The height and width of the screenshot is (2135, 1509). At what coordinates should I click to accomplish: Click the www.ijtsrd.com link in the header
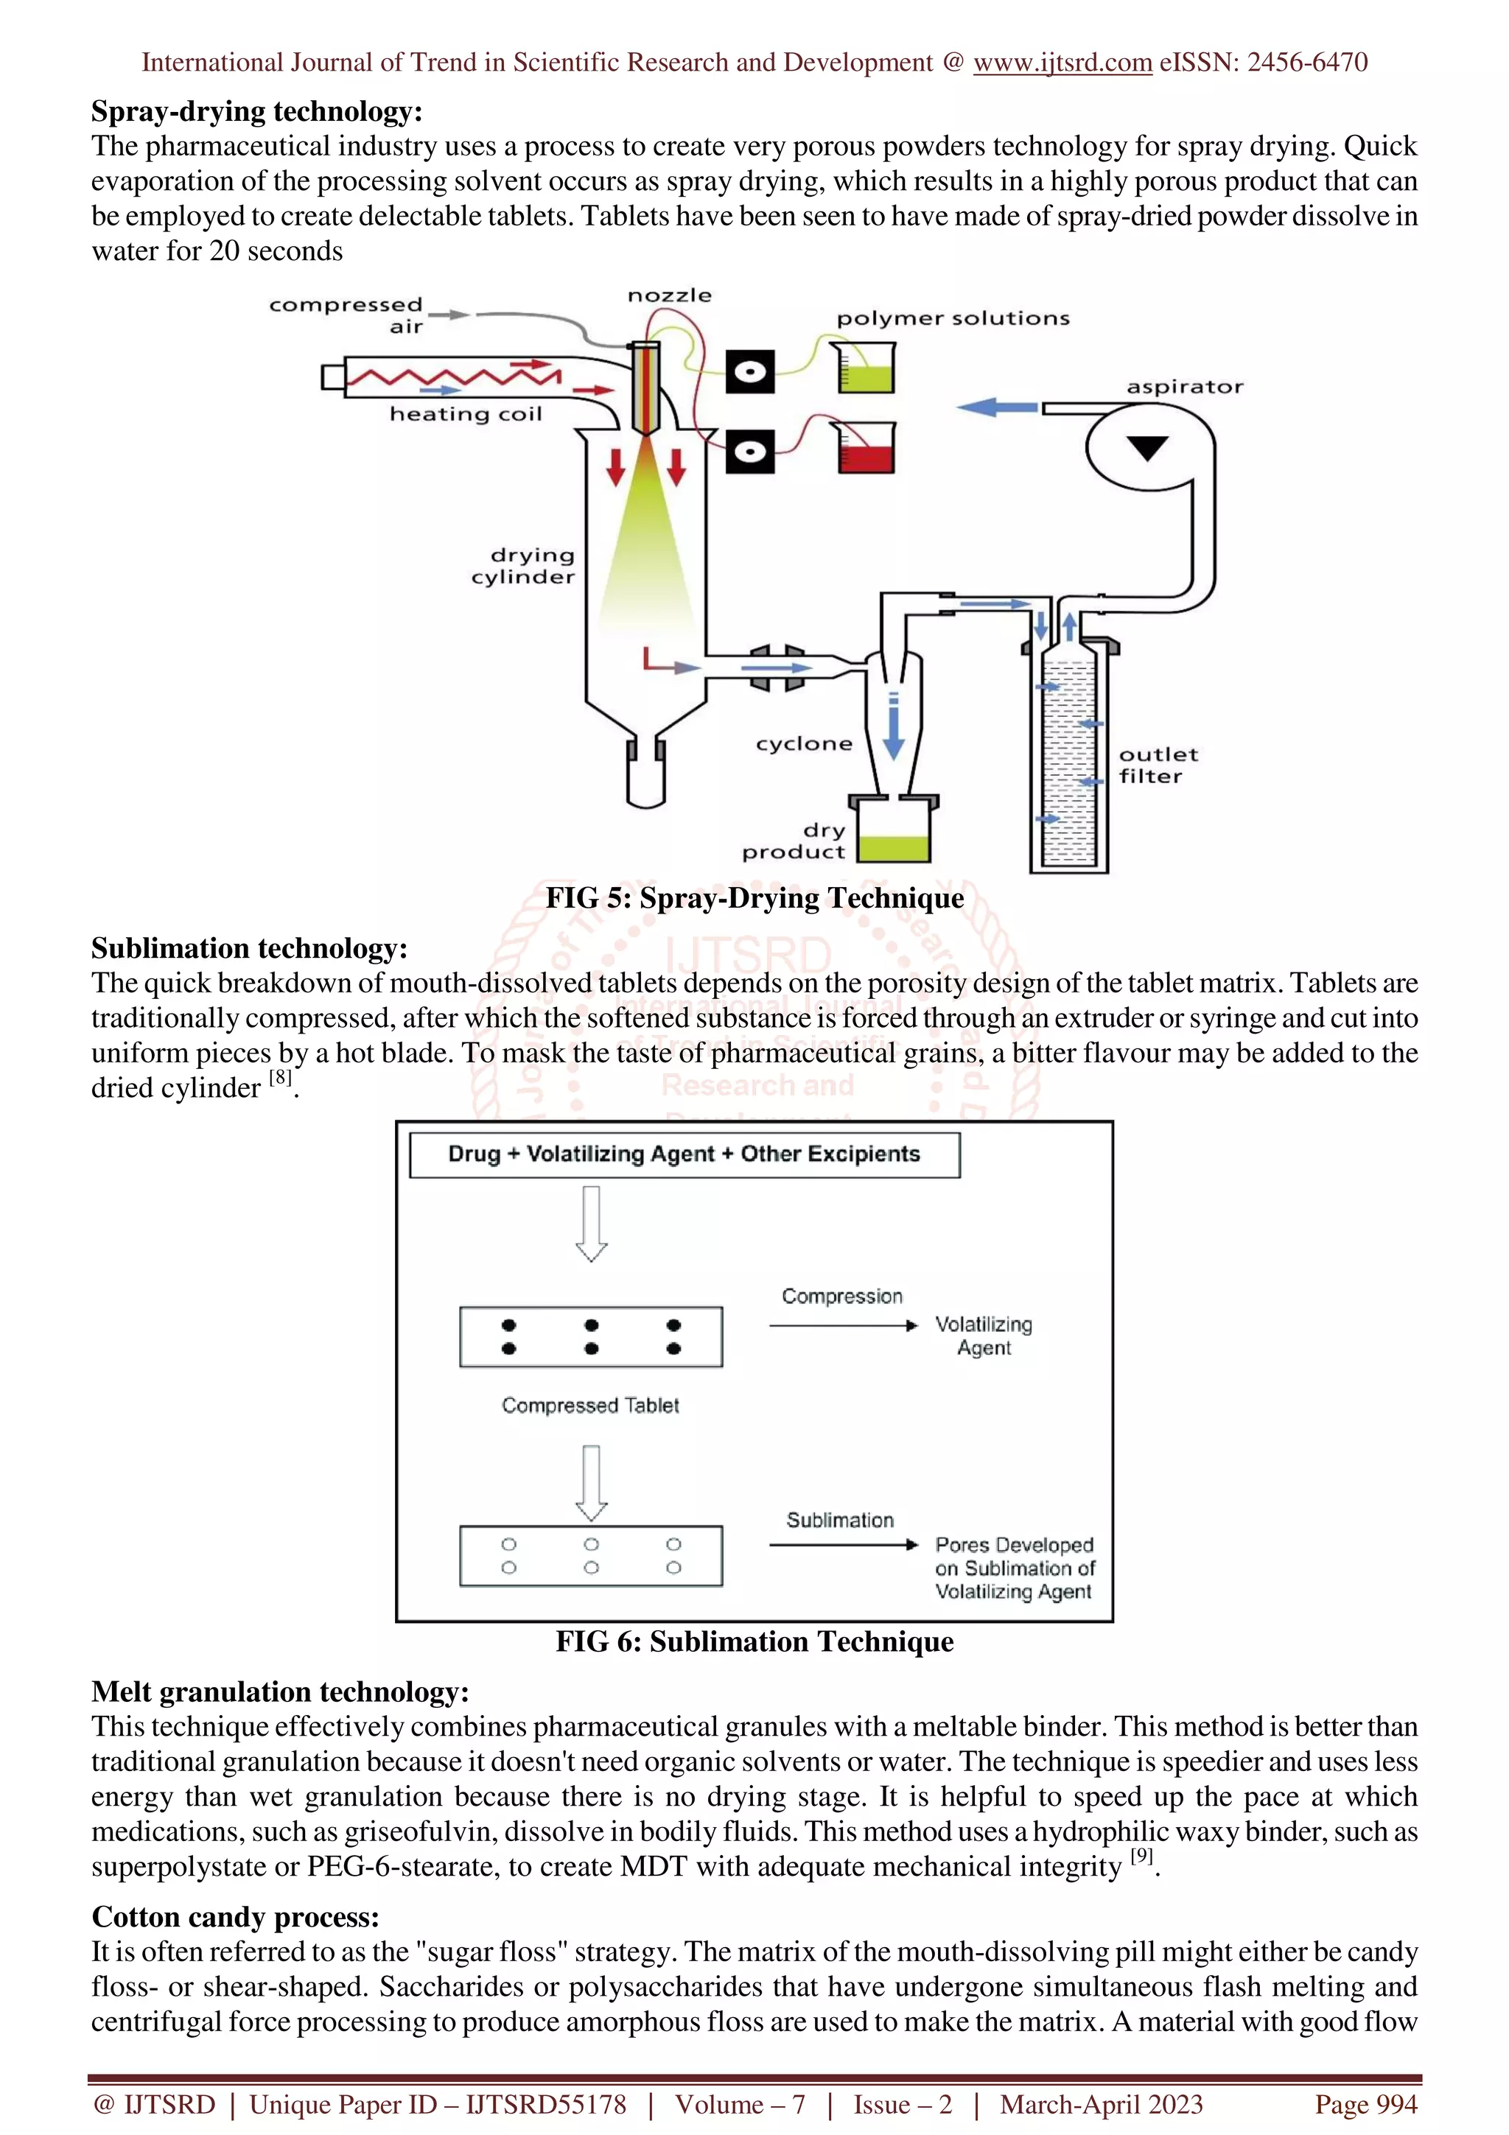(1062, 63)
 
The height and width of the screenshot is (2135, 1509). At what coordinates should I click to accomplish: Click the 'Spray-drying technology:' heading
(256, 111)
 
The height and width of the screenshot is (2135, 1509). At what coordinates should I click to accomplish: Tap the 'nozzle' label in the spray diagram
(670, 295)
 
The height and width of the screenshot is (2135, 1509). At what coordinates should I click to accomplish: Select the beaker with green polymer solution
(865, 368)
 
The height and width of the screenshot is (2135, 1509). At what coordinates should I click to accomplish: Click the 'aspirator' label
(1185, 387)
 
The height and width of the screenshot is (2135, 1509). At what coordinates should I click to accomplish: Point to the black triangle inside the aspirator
(1146, 447)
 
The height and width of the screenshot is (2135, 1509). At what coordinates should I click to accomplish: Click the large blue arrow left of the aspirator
(997, 407)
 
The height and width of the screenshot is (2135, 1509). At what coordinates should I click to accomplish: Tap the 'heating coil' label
(465, 414)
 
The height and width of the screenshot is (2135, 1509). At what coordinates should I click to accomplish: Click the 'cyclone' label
(803, 744)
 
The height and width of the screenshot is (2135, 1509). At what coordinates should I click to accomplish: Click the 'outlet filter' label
(1157, 765)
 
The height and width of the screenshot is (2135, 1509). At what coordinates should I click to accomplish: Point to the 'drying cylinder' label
(522, 565)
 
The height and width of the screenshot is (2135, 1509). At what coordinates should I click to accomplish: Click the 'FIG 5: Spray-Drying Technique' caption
(754, 898)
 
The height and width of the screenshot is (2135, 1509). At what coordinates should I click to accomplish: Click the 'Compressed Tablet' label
(590, 1405)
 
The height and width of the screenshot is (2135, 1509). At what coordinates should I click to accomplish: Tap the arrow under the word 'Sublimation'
(842, 1545)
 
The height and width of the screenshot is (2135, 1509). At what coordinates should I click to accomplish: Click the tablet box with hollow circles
(590, 1556)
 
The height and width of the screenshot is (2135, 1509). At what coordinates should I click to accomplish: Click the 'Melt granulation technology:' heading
(280, 1691)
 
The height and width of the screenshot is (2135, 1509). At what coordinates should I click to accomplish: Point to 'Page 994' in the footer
(1365, 2104)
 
